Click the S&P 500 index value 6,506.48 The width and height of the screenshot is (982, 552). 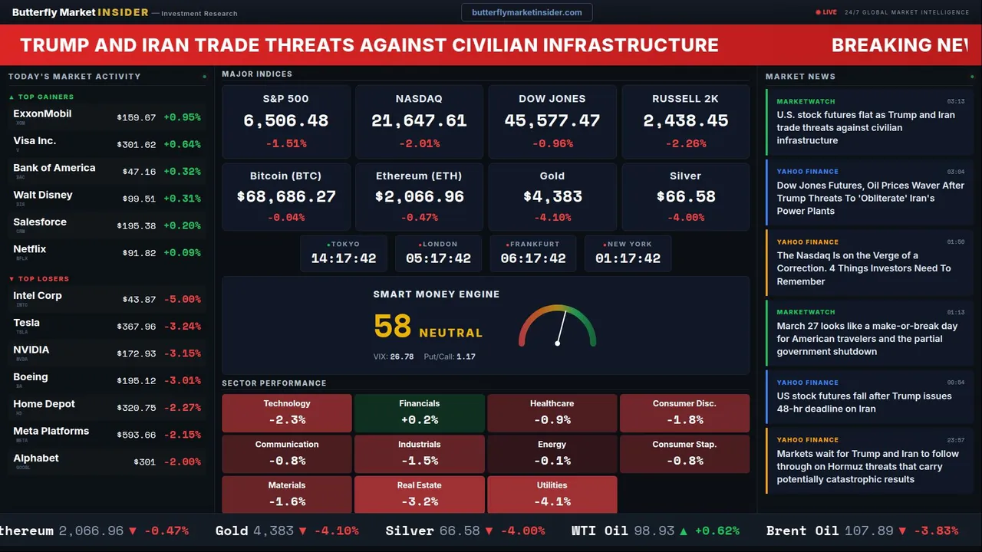point(285,121)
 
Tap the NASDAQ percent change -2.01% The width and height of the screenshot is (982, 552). point(419,143)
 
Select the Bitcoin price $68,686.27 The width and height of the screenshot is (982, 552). point(286,197)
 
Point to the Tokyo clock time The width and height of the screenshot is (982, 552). point(344,258)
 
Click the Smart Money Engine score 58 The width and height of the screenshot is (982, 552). point(393,327)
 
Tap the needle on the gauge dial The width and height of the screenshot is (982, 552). point(561,327)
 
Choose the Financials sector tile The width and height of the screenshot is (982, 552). point(419,412)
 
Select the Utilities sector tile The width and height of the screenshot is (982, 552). point(552,495)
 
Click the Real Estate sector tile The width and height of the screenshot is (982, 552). point(419,495)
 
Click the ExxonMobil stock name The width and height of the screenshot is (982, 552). point(42,113)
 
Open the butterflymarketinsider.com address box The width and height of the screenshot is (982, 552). point(526,12)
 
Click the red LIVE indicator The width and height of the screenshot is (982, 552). point(827,12)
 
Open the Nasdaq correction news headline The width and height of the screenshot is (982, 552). point(863,268)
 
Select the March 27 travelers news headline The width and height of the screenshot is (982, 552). point(867,339)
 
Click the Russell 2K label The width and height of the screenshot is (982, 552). point(685,99)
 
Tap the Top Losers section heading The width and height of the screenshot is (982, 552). point(43,279)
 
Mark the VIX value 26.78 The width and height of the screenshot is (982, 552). point(401,356)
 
